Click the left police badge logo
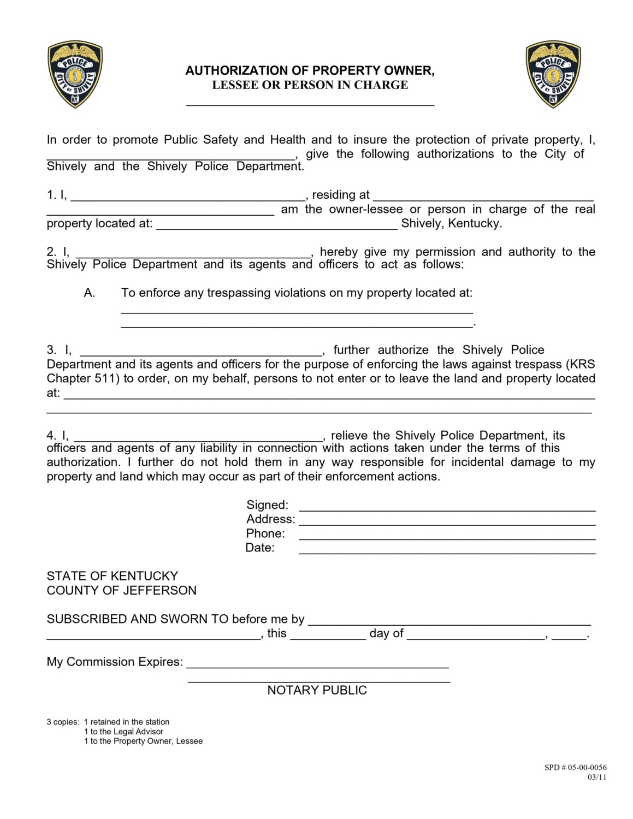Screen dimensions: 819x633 [75, 74]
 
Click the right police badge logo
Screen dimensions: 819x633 [553, 74]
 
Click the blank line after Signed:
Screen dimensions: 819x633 [447, 507]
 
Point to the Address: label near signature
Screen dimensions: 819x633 [270, 519]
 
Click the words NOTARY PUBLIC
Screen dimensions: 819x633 [317, 690]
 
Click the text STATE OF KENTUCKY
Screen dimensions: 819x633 [113, 576]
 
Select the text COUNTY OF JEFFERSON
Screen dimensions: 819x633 [121, 590]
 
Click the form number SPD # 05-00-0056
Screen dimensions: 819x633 [575, 767]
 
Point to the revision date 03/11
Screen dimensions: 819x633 [596, 777]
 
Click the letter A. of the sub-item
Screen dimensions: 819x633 [90, 293]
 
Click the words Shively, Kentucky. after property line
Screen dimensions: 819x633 [451, 223]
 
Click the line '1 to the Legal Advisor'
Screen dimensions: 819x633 [123, 732]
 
